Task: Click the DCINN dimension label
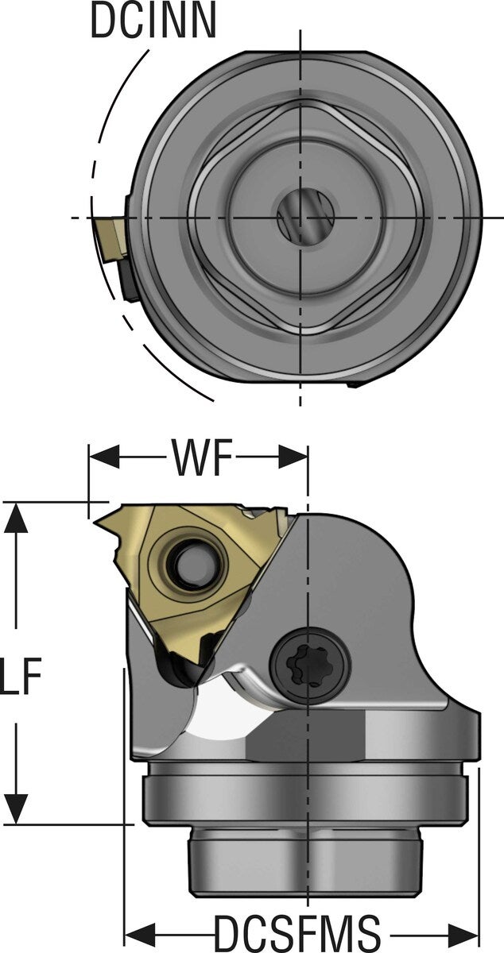[x=153, y=21]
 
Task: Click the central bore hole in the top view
[x=300, y=217]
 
